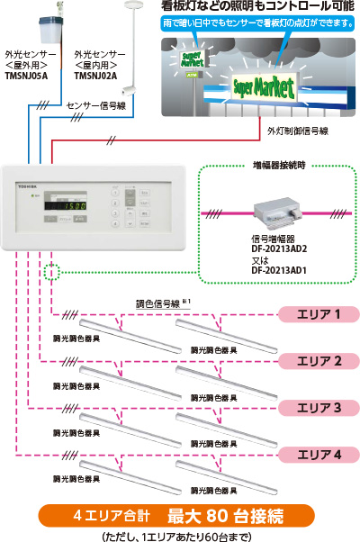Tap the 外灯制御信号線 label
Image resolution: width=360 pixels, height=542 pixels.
[297, 131]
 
